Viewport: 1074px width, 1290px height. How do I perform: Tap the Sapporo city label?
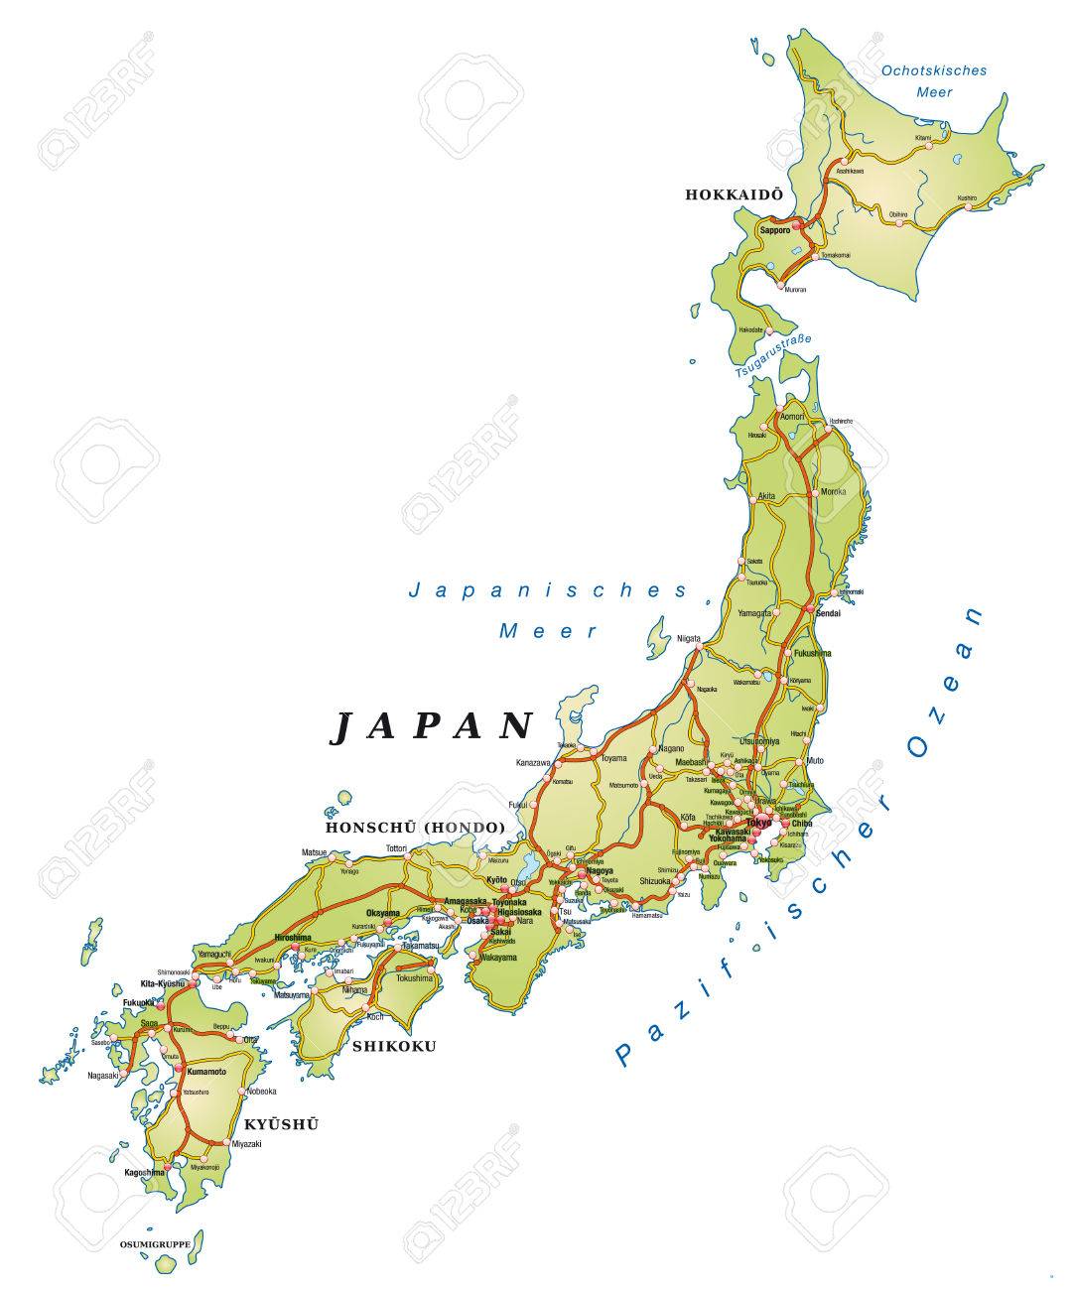tap(774, 230)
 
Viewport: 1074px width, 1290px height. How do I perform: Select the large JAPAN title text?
tap(432, 726)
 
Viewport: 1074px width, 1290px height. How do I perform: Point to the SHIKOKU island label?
tap(395, 1046)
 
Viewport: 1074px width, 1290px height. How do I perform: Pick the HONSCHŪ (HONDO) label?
tap(415, 827)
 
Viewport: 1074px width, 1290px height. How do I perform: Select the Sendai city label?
tap(827, 615)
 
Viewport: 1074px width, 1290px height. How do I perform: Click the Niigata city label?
tap(689, 638)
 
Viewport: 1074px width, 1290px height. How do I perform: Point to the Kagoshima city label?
tap(144, 1173)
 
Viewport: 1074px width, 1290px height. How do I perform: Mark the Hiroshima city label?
tap(293, 938)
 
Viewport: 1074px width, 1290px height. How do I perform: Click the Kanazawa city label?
tap(533, 762)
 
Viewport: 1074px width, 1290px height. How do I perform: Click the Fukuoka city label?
tap(138, 1003)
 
